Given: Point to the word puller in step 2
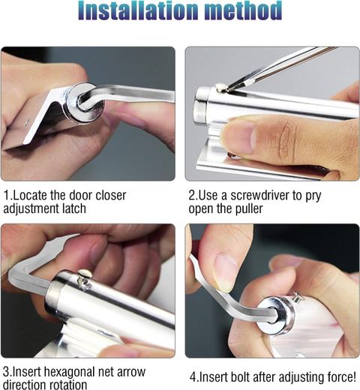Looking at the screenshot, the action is tap(247, 209).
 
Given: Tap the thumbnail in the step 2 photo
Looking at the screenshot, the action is tap(239, 136).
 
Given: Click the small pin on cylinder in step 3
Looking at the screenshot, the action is tap(83, 277).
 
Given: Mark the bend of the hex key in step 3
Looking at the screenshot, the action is tap(16, 274).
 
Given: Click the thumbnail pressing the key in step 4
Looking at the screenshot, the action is tap(225, 273).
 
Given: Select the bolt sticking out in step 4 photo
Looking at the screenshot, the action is tap(298, 298).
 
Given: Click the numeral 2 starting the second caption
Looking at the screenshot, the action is tap(192, 195).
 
